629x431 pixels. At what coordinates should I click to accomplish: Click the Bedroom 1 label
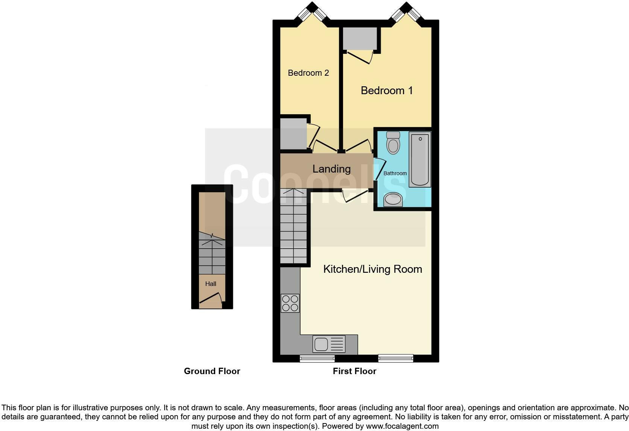[x=387, y=90]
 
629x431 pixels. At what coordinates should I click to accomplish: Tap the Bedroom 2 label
[x=308, y=73]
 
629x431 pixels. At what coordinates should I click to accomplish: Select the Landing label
[x=331, y=169]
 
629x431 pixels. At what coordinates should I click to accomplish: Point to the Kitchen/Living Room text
[x=372, y=269]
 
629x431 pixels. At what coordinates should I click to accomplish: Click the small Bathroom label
[x=395, y=173]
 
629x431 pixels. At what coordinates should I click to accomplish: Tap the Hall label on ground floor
[x=211, y=284]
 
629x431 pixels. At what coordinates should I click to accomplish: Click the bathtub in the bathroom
[x=419, y=159]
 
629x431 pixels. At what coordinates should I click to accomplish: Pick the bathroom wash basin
[x=393, y=199]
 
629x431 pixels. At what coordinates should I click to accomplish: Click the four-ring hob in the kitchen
[x=290, y=303]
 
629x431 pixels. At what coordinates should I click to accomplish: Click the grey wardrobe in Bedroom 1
[x=360, y=38]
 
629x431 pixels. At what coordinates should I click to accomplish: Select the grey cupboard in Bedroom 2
[x=293, y=134]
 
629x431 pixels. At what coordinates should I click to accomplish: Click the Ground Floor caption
[x=212, y=371]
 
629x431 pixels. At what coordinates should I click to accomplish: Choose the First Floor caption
[x=354, y=371]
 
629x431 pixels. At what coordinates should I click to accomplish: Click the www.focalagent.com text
[x=402, y=426]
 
